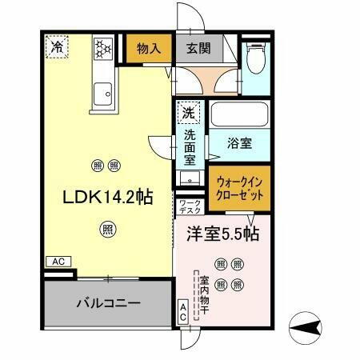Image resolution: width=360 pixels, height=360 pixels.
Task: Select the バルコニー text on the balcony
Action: click(109, 304)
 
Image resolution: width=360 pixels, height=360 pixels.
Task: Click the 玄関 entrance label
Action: click(199, 49)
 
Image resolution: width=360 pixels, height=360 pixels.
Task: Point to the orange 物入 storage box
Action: click(149, 49)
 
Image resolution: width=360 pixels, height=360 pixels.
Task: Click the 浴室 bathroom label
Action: click(239, 144)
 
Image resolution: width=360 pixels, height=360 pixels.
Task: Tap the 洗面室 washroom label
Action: click(190, 145)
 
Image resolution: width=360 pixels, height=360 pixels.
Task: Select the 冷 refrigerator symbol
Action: click(57, 48)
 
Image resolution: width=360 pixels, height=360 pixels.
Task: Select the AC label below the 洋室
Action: click(183, 311)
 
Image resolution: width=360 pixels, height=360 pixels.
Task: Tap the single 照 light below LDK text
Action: click(106, 231)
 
